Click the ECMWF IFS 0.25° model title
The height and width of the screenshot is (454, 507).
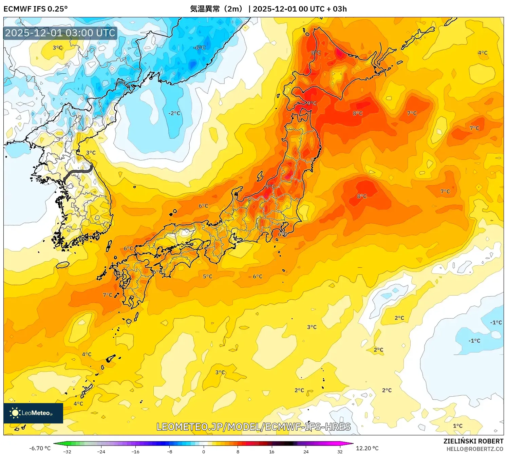point(36,9)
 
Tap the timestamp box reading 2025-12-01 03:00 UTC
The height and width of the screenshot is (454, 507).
point(60,33)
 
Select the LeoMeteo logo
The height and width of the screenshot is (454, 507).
point(33,413)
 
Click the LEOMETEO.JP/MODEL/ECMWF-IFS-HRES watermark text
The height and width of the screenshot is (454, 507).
point(253,427)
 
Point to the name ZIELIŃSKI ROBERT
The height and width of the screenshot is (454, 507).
point(473,441)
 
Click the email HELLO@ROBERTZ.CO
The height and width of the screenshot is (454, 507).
point(474,449)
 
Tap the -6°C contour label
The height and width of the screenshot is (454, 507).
point(199,48)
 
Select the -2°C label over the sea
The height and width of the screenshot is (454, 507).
point(174,113)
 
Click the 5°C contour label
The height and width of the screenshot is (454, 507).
point(207,277)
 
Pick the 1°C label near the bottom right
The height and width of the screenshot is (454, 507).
point(457,426)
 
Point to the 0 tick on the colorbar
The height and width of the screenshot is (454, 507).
point(204,451)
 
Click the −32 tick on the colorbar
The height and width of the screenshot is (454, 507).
point(67,451)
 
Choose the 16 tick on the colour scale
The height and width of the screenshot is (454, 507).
point(271,451)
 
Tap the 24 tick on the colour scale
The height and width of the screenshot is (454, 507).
point(306,451)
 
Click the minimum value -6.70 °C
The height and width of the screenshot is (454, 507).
point(40,448)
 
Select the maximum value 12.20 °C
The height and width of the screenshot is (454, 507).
point(367,448)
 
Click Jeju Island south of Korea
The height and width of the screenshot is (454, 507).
point(62,265)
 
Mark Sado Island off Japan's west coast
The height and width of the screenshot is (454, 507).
point(260,176)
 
